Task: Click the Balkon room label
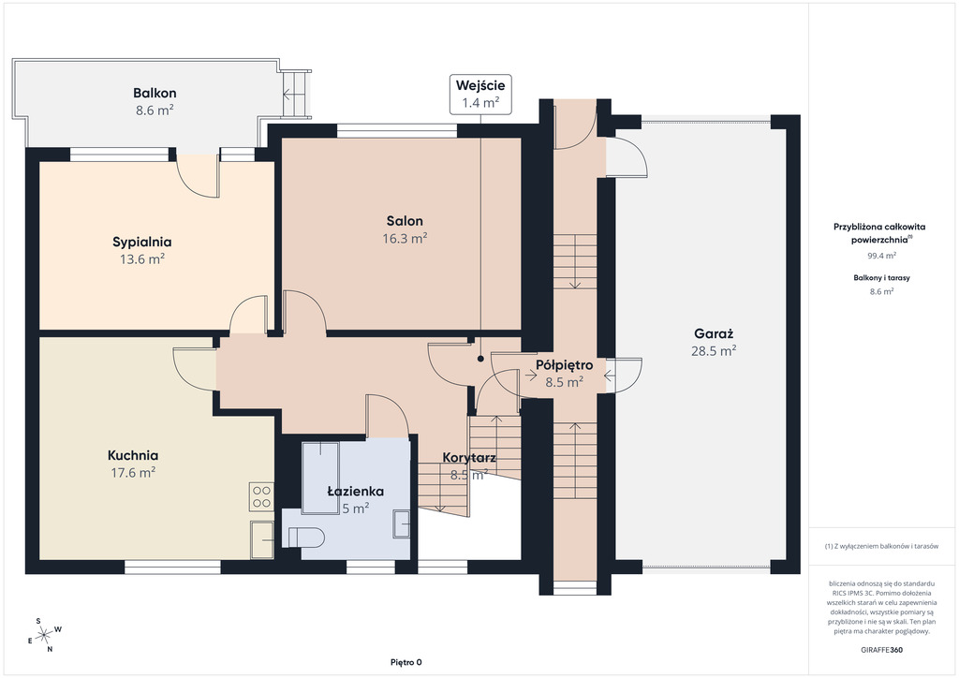tap(155, 93)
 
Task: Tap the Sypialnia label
tap(142, 243)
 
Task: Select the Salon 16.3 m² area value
tap(405, 239)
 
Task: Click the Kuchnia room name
tap(133, 455)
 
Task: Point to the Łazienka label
tap(355, 491)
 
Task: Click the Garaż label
tap(714, 333)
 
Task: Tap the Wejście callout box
tap(480, 95)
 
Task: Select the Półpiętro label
tap(565, 365)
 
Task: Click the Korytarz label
tap(469, 457)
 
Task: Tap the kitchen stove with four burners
tap(261, 496)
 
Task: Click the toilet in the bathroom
tap(306, 538)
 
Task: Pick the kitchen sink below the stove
tap(262, 539)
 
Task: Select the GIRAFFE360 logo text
tap(878, 650)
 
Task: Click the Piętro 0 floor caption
tap(406, 662)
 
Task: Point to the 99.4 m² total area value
tap(882, 256)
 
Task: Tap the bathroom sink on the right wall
tap(401, 523)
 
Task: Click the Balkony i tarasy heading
tap(882, 277)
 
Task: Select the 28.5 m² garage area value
tap(714, 351)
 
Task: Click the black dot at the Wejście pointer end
tap(480, 359)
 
